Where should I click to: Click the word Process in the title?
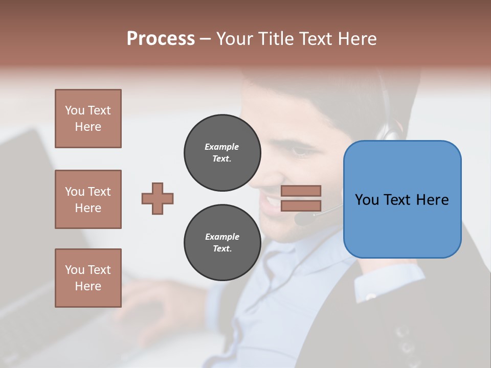coord(161,39)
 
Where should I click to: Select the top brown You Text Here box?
coord(88,119)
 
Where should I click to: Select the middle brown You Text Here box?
coord(88,199)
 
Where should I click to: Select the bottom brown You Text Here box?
coord(88,278)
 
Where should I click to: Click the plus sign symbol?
coord(158,198)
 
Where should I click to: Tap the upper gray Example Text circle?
coord(222,153)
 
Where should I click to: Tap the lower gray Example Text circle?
coord(222,243)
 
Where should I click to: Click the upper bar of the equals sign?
coord(301,191)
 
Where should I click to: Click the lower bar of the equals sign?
coord(301,205)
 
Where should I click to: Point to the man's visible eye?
coord(299,152)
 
